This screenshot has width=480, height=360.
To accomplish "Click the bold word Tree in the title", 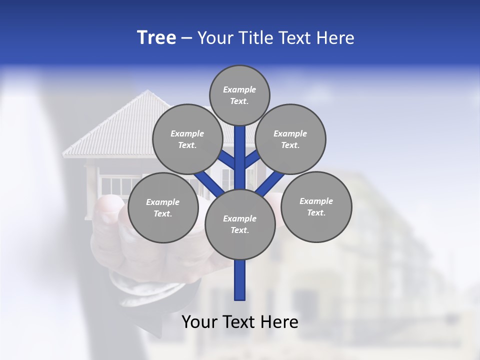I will pos(156,38).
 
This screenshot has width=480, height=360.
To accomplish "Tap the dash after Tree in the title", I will pos(186,38).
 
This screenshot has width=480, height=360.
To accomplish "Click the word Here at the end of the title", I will pos(335,38).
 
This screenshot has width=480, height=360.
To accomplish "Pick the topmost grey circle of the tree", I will pos(239,95).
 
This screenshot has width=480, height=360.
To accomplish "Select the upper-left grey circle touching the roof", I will pos(187,139).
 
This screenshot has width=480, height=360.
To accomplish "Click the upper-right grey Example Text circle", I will pos(290,139).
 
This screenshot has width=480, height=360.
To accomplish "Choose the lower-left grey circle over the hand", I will pos(163,207).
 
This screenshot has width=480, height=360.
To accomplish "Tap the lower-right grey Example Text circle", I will pos(316,206).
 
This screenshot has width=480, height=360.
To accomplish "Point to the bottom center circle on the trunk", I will pos(240,224).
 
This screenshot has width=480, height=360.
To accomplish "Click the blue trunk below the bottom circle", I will pos(240,280).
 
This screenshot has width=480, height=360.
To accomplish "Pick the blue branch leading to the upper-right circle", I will pos(252,159).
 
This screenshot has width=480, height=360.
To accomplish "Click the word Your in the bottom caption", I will pos(199,322).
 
